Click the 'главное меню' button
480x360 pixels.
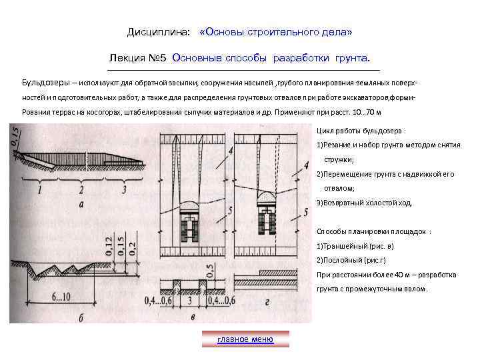pos(245,339)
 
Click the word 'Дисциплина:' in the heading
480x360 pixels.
pos(158,32)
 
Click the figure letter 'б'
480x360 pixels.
pos(81,318)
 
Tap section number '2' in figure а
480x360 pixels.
pos(81,190)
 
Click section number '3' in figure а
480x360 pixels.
pos(124,190)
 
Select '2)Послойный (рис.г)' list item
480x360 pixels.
pos(351,260)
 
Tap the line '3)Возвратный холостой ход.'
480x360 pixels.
pos(365,203)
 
